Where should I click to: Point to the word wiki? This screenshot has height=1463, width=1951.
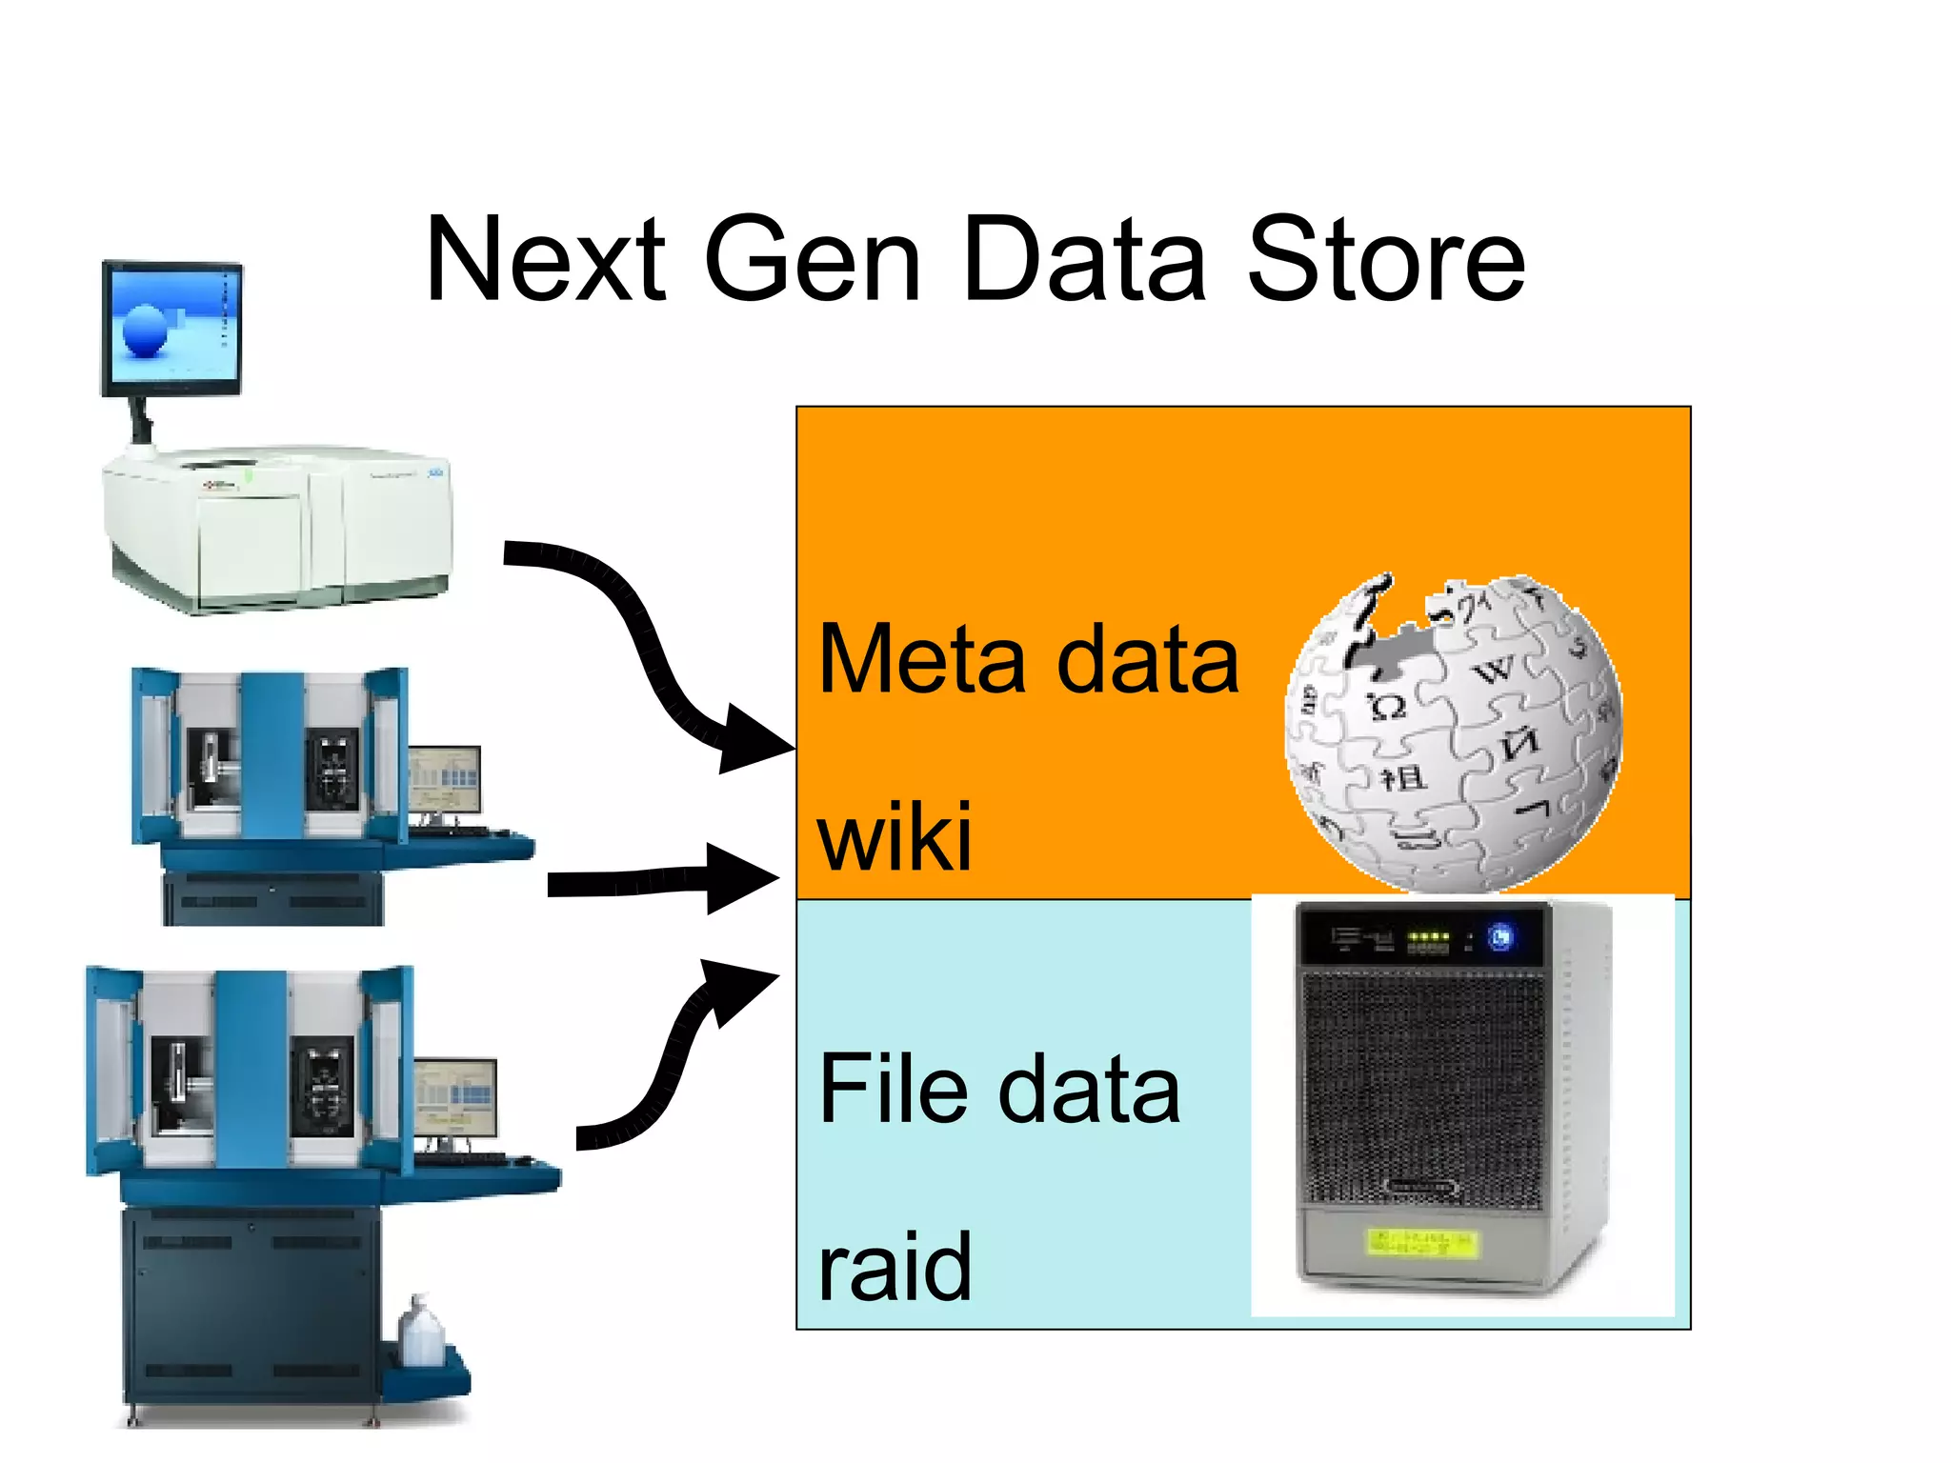click(x=895, y=836)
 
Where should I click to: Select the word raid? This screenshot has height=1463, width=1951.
click(x=895, y=1266)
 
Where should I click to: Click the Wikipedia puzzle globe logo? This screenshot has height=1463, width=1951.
click(x=1452, y=733)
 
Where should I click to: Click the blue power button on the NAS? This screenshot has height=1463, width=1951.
click(x=1501, y=938)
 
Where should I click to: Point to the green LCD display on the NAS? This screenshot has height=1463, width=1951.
click(x=1422, y=1241)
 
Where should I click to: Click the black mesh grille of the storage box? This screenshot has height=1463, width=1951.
click(x=1422, y=1086)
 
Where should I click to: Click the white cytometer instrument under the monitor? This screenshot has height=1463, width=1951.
click(x=276, y=529)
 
